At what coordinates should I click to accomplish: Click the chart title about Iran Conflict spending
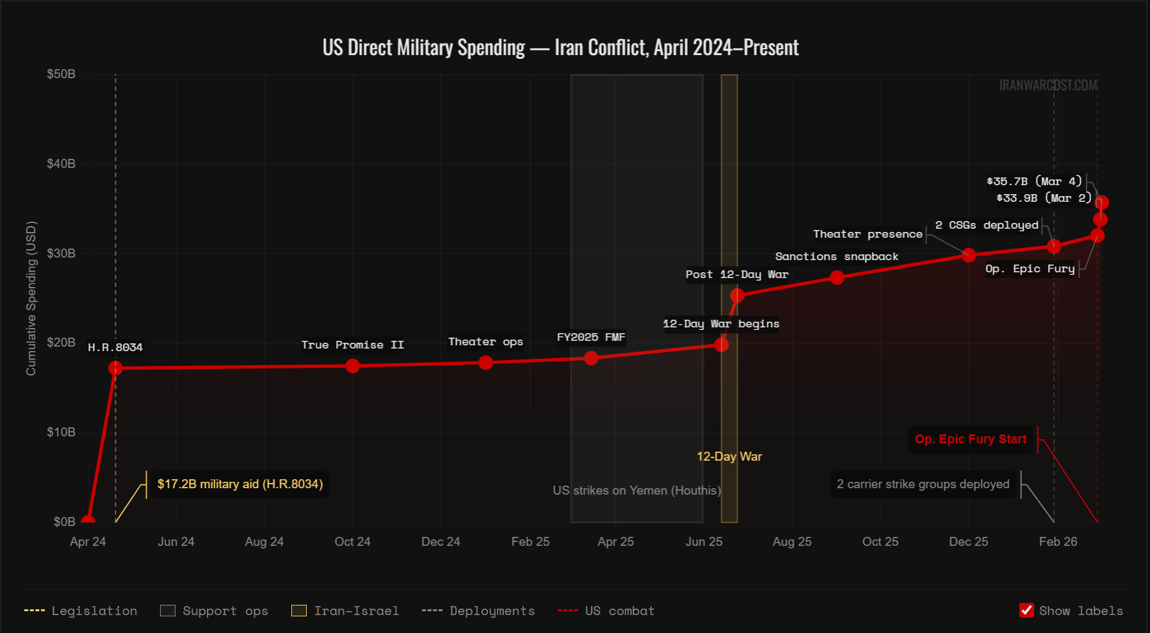(x=560, y=47)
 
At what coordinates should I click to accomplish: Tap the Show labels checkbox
(x=1026, y=611)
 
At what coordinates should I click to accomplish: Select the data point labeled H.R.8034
(x=115, y=368)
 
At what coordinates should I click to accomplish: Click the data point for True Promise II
(x=352, y=366)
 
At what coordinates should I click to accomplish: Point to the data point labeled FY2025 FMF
(x=591, y=358)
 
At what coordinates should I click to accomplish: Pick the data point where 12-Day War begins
(x=721, y=345)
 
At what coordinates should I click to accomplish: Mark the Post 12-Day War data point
(x=737, y=295)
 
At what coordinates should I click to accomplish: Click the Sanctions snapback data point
(x=837, y=277)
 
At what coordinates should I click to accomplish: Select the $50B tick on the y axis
(x=61, y=74)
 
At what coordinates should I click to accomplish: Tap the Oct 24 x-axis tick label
(x=352, y=542)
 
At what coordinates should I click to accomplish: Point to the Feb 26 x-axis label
(x=1058, y=542)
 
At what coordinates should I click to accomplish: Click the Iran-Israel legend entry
(x=346, y=611)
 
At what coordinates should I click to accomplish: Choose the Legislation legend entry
(x=81, y=611)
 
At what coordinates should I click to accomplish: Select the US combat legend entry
(x=607, y=611)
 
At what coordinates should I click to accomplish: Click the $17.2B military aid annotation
(x=239, y=484)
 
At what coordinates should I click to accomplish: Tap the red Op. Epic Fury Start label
(x=970, y=440)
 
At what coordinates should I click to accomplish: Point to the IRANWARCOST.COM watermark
(x=1048, y=85)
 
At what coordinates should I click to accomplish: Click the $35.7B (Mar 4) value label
(x=1033, y=181)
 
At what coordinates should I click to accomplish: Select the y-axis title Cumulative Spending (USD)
(x=31, y=298)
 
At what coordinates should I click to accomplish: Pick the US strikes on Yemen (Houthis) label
(x=636, y=491)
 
